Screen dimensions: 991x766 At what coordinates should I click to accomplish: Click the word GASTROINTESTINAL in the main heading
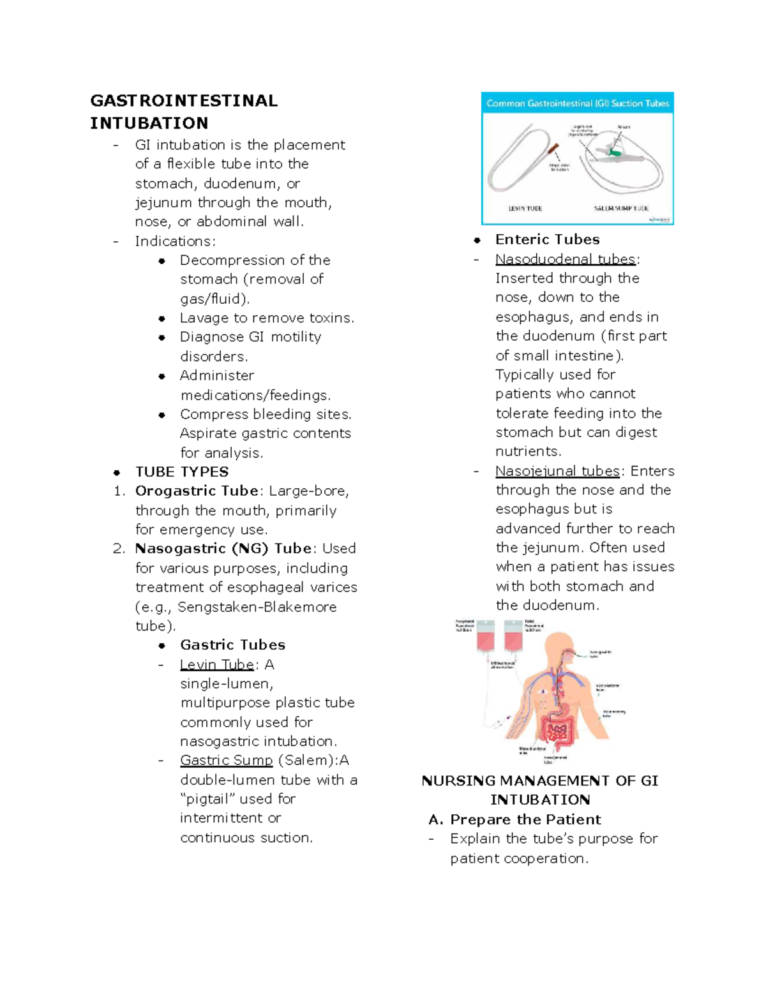[x=184, y=101]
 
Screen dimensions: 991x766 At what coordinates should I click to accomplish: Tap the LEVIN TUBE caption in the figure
[x=525, y=209]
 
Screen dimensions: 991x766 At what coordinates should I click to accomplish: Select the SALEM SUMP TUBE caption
[x=620, y=209]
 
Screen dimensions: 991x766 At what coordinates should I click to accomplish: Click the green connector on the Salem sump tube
[x=615, y=152]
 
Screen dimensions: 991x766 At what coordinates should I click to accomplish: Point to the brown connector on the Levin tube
[x=553, y=151]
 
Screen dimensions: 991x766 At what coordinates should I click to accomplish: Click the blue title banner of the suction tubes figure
[x=577, y=103]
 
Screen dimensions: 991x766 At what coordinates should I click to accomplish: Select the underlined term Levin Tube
[x=217, y=665]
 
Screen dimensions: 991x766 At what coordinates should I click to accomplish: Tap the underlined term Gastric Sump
[x=226, y=761]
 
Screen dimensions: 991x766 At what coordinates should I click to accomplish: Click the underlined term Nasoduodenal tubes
[x=566, y=259]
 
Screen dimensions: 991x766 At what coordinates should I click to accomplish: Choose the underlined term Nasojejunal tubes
[x=557, y=471]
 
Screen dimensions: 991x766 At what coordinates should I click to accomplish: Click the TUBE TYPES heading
[x=182, y=472]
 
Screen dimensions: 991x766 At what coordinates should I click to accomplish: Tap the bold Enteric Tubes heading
[x=547, y=240]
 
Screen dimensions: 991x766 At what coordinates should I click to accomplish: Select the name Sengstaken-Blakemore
[x=257, y=607]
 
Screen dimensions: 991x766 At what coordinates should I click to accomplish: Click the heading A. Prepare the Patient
[x=514, y=819]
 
